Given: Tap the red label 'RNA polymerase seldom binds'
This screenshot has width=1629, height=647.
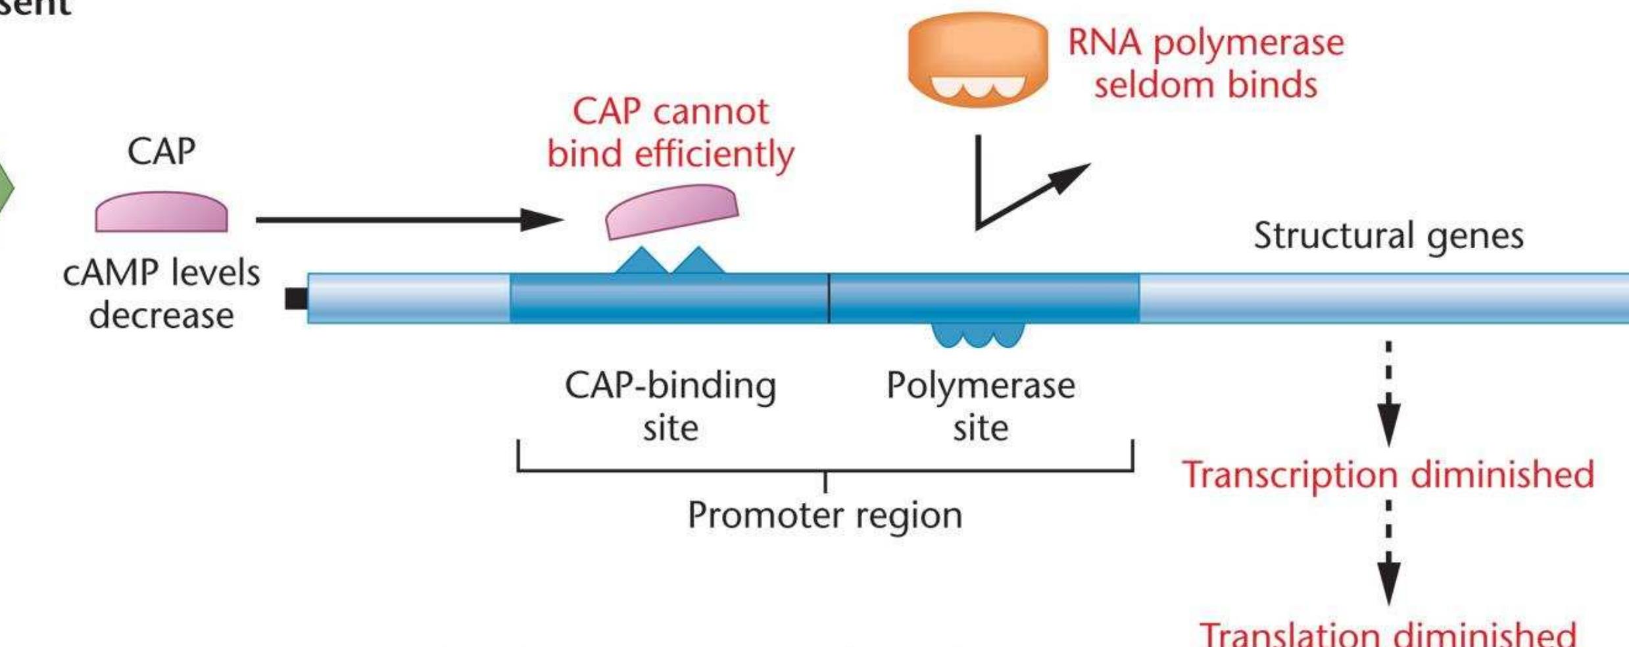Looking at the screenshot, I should pyautogui.click(x=1205, y=64).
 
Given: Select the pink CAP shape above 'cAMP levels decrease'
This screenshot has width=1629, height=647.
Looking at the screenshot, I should pyautogui.click(x=161, y=213).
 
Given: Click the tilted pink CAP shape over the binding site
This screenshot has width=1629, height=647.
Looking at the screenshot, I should pyautogui.click(x=671, y=212).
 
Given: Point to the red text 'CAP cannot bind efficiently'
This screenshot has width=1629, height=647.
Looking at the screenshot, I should pyautogui.click(x=670, y=133).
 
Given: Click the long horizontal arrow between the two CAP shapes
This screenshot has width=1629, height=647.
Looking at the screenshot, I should pyautogui.click(x=408, y=220).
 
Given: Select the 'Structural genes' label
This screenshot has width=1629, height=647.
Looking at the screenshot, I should pyautogui.click(x=1388, y=236).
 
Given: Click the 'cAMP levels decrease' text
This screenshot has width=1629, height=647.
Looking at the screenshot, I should pyautogui.click(x=161, y=294).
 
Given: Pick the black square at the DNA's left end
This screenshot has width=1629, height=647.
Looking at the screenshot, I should pyautogui.click(x=295, y=299).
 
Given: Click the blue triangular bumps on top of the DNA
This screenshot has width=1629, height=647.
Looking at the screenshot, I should pyautogui.click(x=669, y=262).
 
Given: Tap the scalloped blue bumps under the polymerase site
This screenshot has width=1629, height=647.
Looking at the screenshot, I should pyautogui.click(x=977, y=334).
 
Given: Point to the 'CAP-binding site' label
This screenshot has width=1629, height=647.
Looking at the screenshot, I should pyautogui.click(x=670, y=406).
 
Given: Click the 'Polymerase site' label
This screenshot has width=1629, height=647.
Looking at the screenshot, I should pyautogui.click(x=980, y=406).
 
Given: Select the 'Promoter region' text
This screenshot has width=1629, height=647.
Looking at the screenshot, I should pyautogui.click(x=825, y=515).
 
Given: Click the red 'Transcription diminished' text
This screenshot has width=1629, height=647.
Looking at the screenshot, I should pyautogui.click(x=1388, y=475).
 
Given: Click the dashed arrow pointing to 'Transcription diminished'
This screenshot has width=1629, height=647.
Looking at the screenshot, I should pyautogui.click(x=1388, y=395).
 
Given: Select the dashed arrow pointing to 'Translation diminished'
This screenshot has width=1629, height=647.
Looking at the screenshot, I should pyautogui.click(x=1388, y=553).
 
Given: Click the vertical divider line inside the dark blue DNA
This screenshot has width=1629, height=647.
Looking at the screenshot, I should pyautogui.click(x=829, y=298).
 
